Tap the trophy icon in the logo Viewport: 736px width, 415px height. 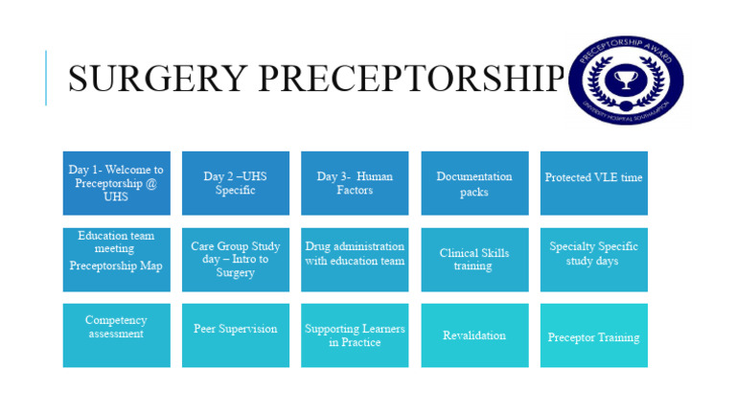click(x=626, y=81)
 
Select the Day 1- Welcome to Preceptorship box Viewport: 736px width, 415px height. click(x=116, y=183)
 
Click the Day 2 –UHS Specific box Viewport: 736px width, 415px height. click(x=236, y=183)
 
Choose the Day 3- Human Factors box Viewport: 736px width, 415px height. click(x=355, y=183)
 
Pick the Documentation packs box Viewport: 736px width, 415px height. click(x=474, y=183)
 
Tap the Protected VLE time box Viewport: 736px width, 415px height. click(x=593, y=183)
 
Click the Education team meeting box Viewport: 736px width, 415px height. click(x=116, y=259)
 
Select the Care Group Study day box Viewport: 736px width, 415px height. click(x=236, y=259)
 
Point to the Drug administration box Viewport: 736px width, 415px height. click(x=355, y=259)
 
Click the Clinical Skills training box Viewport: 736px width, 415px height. click(x=474, y=259)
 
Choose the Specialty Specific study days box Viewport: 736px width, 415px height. click(x=593, y=259)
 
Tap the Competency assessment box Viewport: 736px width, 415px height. click(x=116, y=335)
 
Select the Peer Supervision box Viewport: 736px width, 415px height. click(x=236, y=335)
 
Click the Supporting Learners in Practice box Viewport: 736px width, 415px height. click(x=355, y=335)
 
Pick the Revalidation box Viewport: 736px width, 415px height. click(x=474, y=335)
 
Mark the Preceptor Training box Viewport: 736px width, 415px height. click(x=593, y=335)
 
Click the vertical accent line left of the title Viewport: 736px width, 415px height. click(x=46, y=78)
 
